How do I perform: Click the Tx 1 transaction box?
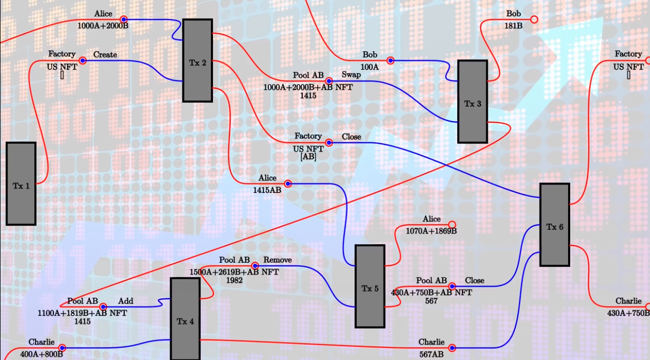tap(21, 183)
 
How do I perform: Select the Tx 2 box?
tap(198, 60)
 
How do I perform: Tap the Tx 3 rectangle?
tap(472, 101)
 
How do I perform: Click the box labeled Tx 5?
tap(370, 286)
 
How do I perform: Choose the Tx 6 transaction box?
tap(554, 225)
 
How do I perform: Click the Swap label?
tap(351, 75)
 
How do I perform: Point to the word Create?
tap(105, 54)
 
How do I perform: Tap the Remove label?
tap(277, 260)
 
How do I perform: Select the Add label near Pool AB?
tap(126, 301)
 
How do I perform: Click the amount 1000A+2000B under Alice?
tap(103, 25)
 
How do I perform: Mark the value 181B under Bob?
tap(513, 25)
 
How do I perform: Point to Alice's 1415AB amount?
tap(267, 190)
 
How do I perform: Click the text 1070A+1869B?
tap(431, 230)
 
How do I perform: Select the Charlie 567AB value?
tap(431, 354)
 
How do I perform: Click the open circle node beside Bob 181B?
tap(534, 20)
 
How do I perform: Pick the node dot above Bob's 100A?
tap(391, 60)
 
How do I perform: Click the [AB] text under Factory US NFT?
tap(308, 156)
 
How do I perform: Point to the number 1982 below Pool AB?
tap(234, 280)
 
